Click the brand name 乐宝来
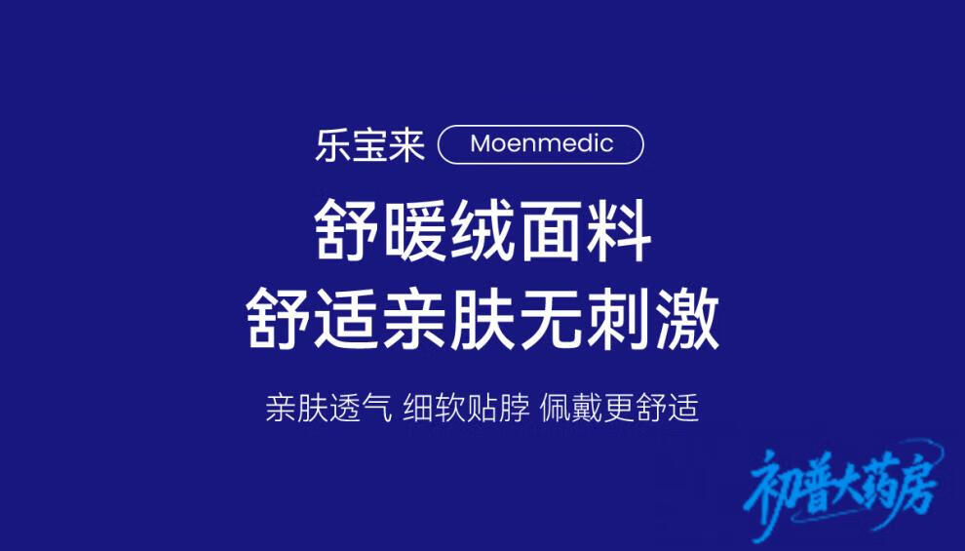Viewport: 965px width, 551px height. [x=369, y=145]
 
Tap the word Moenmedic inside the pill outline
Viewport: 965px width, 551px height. [x=542, y=144]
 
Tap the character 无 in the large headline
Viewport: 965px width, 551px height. [x=551, y=319]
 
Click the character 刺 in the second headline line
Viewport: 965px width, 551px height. [x=619, y=319]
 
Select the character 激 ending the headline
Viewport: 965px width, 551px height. [x=687, y=319]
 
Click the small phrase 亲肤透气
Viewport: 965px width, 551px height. [x=328, y=408]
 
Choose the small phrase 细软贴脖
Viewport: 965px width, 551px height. [x=466, y=408]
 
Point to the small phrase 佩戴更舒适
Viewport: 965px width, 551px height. [x=619, y=408]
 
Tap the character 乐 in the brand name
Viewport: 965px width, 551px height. [x=333, y=145]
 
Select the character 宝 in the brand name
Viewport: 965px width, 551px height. [x=369, y=145]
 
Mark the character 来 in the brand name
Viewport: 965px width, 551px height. [x=407, y=145]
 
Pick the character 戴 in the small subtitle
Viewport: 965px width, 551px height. [x=587, y=408]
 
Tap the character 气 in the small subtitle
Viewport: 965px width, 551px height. [x=376, y=408]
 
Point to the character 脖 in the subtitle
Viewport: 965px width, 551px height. [x=514, y=408]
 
